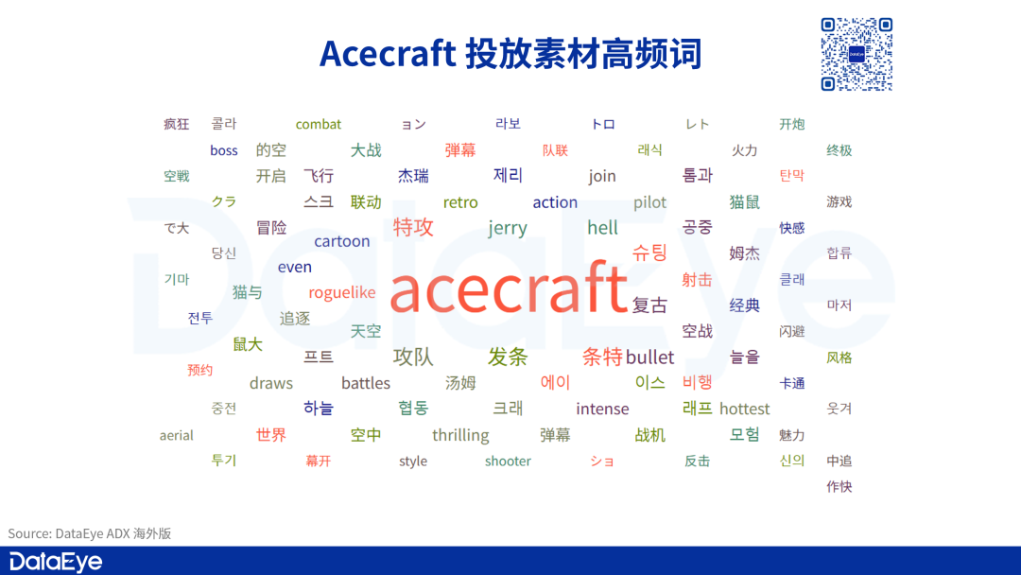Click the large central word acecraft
pos(508,287)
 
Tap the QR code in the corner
pos(857,54)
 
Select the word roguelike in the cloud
pos(342,293)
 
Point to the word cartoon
pos(342,241)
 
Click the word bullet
pos(649,357)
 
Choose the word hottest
pos(744,409)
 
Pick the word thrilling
pos(460,435)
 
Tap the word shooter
pos(508,462)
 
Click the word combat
pos(319,125)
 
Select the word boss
pos(223,150)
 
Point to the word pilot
pos(649,202)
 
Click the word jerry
pos(508,229)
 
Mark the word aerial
pos(177,435)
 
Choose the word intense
pos(602,409)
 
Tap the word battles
pos(365,383)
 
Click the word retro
pos(460,202)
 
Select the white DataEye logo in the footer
pos(56,562)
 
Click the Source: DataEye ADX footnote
pos(89,533)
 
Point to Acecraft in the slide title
pos(388,53)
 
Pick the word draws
pos(271,383)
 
